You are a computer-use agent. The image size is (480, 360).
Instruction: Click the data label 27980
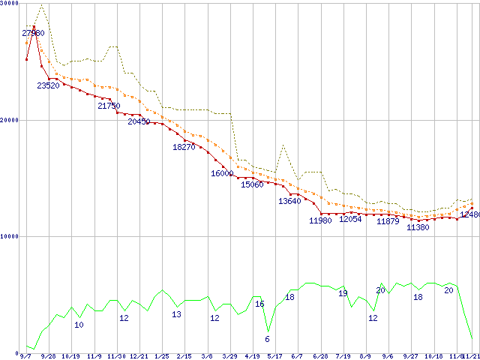(x=33, y=33)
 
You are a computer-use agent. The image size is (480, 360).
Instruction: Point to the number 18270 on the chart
(x=184, y=147)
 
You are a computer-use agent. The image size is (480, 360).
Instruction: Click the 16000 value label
(x=222, y=173)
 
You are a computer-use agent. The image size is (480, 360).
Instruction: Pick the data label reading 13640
(x=289, y=201)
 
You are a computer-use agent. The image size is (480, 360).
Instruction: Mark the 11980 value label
(x=320, y=220)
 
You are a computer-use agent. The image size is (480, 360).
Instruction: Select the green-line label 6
(x=267, y=339)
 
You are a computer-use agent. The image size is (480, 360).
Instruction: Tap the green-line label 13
(x=176, y=314)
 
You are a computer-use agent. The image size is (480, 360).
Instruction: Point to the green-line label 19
(x=343, y=293)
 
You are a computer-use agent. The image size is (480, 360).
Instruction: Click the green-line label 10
(x=79, y=325)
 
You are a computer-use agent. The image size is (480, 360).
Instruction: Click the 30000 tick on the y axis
(x=9, y=4)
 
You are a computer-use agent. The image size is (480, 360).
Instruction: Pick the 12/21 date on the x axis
(x=139, y=356)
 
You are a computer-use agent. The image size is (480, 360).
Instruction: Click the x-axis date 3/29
(x=229, y=356)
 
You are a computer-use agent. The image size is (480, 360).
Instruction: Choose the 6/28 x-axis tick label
(x=320, y=356)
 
